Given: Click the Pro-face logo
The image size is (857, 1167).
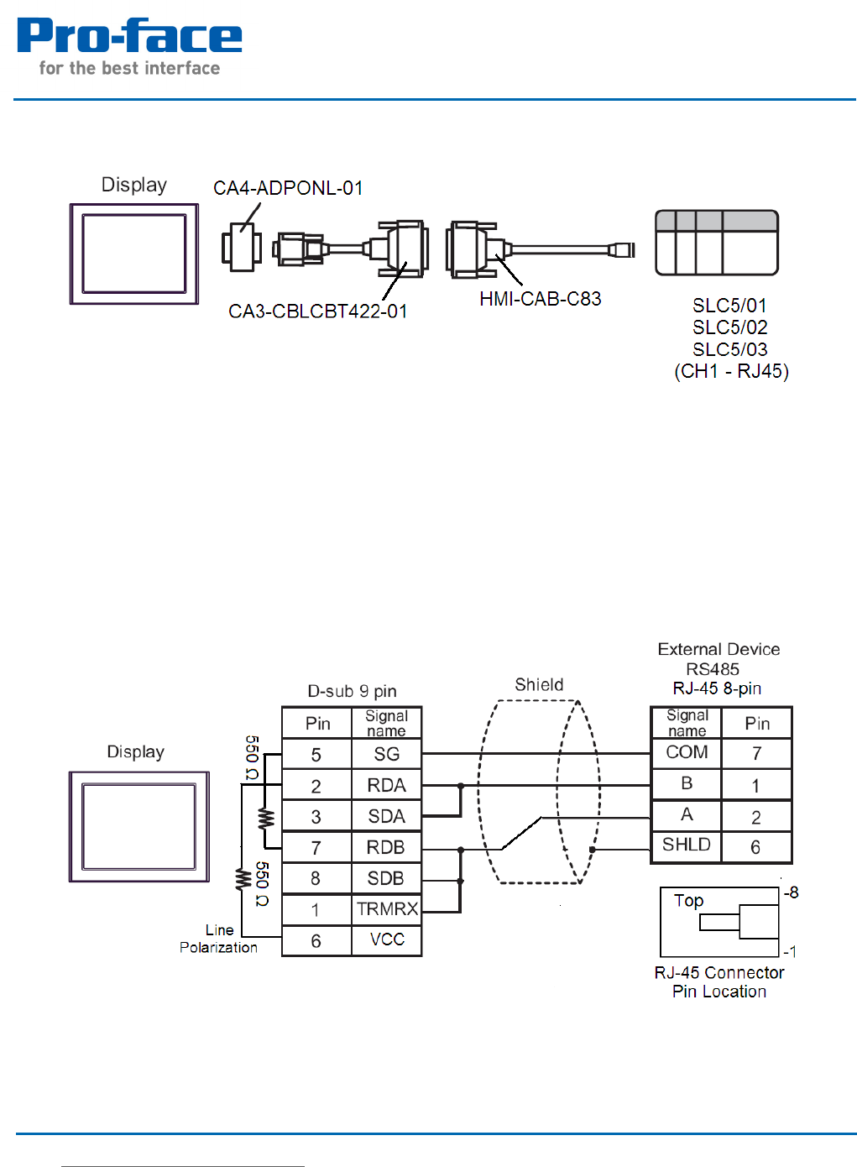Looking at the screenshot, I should point(128,47).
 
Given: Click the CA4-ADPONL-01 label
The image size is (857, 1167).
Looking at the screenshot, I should point(288,188).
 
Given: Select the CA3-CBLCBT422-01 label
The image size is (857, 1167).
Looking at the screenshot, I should point(317,311).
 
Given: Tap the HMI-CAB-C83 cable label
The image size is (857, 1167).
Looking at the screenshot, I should point(540,299).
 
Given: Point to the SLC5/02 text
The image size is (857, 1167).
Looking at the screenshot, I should point(729,327).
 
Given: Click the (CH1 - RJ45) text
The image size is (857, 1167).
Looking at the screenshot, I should point(731,371).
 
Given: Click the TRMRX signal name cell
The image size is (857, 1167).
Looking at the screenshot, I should point(386,909).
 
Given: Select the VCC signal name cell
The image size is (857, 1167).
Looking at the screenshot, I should point(387,939).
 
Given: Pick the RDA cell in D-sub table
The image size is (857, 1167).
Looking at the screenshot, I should point(386,785).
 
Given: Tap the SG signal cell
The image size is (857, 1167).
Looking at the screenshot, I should point(386,754).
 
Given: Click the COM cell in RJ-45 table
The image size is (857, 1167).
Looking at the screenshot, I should point(687,752).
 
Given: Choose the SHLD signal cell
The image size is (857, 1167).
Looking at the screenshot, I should point(686,845).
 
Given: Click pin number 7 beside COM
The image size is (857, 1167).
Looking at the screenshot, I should point(756,753).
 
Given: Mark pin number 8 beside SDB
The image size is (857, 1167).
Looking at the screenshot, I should point(316,878).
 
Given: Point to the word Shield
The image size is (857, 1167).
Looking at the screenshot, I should point(539,684).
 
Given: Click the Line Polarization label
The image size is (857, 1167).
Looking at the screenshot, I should point(218,939).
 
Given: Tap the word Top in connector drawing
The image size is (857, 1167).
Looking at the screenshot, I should point(688,901).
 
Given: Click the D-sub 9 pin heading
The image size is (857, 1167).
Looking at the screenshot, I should point(352,691).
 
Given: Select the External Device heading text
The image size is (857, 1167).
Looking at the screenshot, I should point(719,649).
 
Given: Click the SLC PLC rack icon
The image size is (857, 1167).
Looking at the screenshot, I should point(717,243).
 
